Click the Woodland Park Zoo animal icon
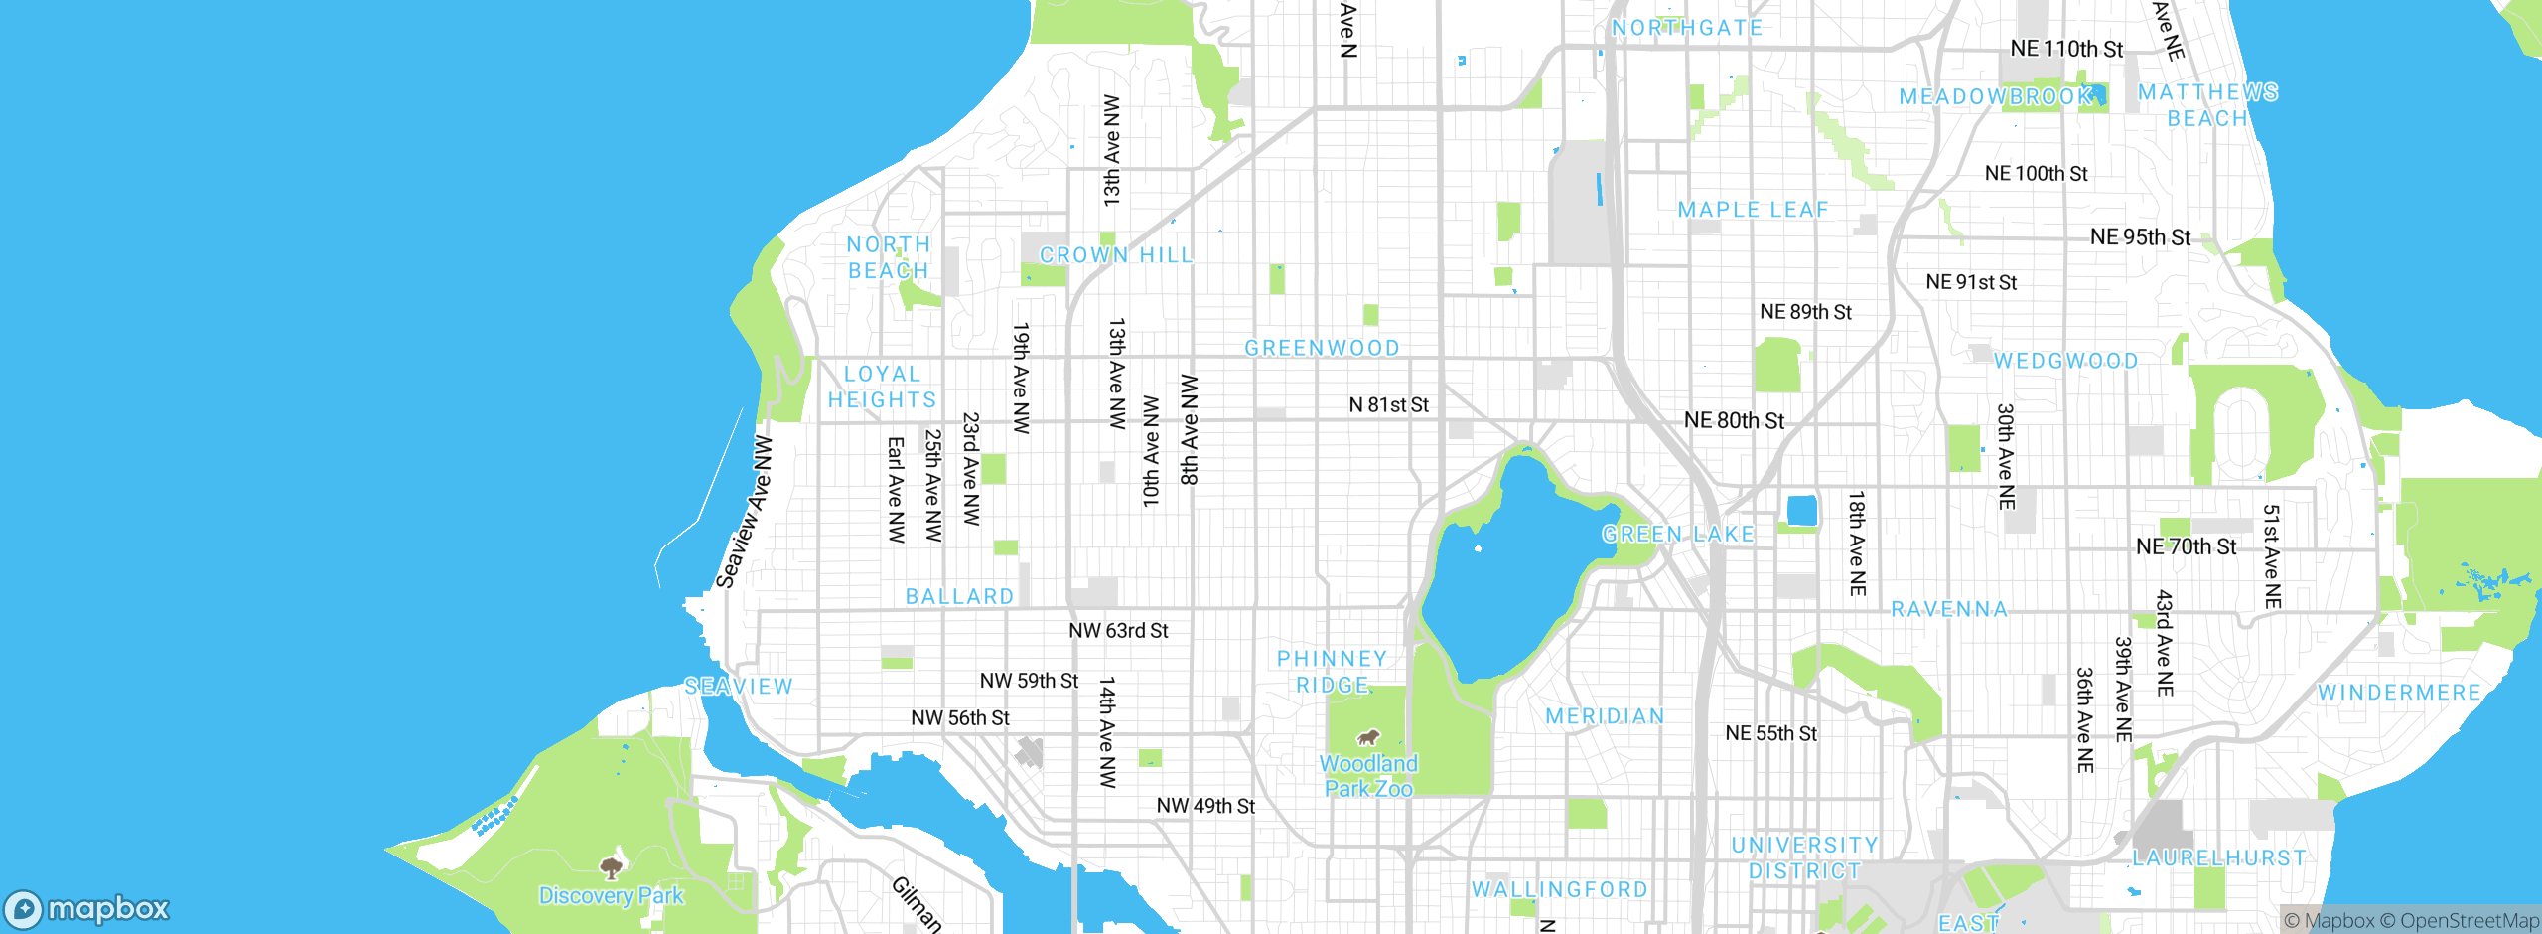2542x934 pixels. coord(1368,738)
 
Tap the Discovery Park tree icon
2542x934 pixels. coord(612,868)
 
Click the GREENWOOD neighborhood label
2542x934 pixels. coord(1322,348)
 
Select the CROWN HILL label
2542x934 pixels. coord(1116,255)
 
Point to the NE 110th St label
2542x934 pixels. coord(2066,49)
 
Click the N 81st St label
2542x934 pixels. coord(1388,404)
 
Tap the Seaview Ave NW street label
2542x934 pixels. coord(745,512)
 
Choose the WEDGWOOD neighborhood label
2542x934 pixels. coord(2066,361)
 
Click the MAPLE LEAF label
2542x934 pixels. coord(1754,210)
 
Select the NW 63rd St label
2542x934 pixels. coord(1118,630)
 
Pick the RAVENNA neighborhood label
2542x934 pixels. coord(1949,609)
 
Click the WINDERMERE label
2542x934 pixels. coord(2399,693)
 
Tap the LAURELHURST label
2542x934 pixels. coord(2219,857)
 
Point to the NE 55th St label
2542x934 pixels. coord(1770,733)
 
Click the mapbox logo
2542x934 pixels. coord(87,909)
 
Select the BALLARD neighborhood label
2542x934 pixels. coord(959,596)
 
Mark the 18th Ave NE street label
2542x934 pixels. coord(1857,543)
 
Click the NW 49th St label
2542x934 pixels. coord(1205,805)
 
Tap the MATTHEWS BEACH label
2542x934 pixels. coord(2207,105)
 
